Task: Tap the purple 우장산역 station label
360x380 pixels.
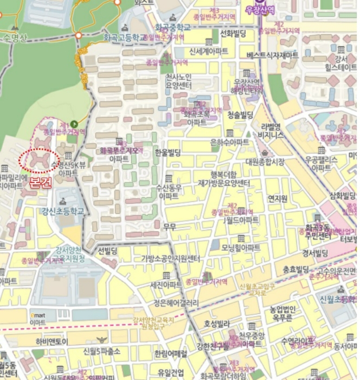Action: tap(260, 10)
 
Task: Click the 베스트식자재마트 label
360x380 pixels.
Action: tap(272, 55)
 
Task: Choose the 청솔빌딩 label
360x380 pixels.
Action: tap(241, 114)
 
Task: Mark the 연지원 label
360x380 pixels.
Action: tap(277, 198)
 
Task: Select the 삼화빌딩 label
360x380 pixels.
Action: tap(343, 195)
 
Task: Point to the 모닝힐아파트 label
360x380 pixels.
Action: tap(241, 248)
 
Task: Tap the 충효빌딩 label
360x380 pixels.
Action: tap(295, 269)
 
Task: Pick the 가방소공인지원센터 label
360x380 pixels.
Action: tap(171, 258)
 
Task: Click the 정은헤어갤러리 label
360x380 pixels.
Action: tap(177, 302)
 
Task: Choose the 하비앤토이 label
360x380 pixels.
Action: tap(52, 341)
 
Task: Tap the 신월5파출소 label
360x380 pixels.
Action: tap(102, 352)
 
